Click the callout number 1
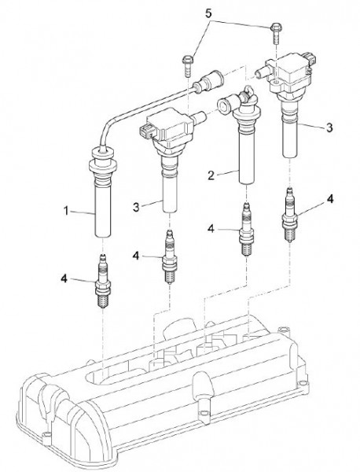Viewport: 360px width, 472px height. [x=66, y=211]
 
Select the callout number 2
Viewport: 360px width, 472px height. [x=211, y=175]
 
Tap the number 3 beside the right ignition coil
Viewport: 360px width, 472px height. [x=329, y=127]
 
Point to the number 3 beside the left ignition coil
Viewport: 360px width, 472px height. [x=136, y=207]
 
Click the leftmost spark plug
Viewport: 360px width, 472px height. [x=103, y=281]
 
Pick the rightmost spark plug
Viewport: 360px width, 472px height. [x=289, y=214]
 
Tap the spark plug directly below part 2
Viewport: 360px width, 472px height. [x=247, y=230]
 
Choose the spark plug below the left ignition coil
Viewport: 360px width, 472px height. [x=170, y=256]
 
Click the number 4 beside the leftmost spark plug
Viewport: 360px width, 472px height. [x=64, y=278]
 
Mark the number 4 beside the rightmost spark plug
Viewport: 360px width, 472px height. [x=330, y=199]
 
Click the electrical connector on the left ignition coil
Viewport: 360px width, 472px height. [x=147, y=131]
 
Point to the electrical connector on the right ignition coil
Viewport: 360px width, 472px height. [x=310, y=59]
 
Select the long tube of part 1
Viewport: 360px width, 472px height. [x=103, y=211]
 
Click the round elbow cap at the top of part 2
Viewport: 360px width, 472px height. [x=225, y=105]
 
